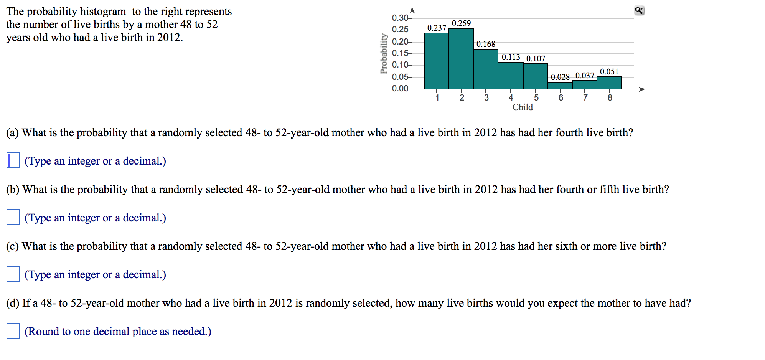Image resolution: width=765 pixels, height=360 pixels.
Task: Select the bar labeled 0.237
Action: [436, 61]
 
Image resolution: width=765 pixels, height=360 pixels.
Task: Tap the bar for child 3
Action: [485, 69]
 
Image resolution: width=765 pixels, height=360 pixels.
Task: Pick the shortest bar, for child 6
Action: [560, 86]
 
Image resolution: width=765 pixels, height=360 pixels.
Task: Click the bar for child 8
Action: [609, 83]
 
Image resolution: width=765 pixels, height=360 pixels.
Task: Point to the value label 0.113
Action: [511, 57]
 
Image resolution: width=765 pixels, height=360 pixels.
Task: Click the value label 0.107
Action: [536, 59]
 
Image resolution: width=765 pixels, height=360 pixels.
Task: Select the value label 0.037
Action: [585, 76]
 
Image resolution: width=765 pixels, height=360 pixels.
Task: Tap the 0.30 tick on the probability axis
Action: [400, 18]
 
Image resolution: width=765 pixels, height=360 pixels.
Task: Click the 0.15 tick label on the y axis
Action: [400, 53]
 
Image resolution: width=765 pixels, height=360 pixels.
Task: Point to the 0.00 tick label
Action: [400, 89]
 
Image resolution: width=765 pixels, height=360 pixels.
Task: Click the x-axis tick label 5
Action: [536, 98]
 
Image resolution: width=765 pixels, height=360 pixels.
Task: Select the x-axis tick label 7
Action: [585, 98]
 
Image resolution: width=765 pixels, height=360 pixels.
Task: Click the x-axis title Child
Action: [523, 107]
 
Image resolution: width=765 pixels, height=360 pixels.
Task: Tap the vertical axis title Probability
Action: [383, 54]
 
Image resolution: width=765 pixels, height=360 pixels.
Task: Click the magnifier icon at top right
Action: [639, 11]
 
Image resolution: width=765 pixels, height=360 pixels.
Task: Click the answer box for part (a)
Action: [13, 160]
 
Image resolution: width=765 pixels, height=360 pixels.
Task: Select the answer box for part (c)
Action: [13, 274]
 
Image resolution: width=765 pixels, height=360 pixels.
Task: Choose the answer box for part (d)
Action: [13, 331]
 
